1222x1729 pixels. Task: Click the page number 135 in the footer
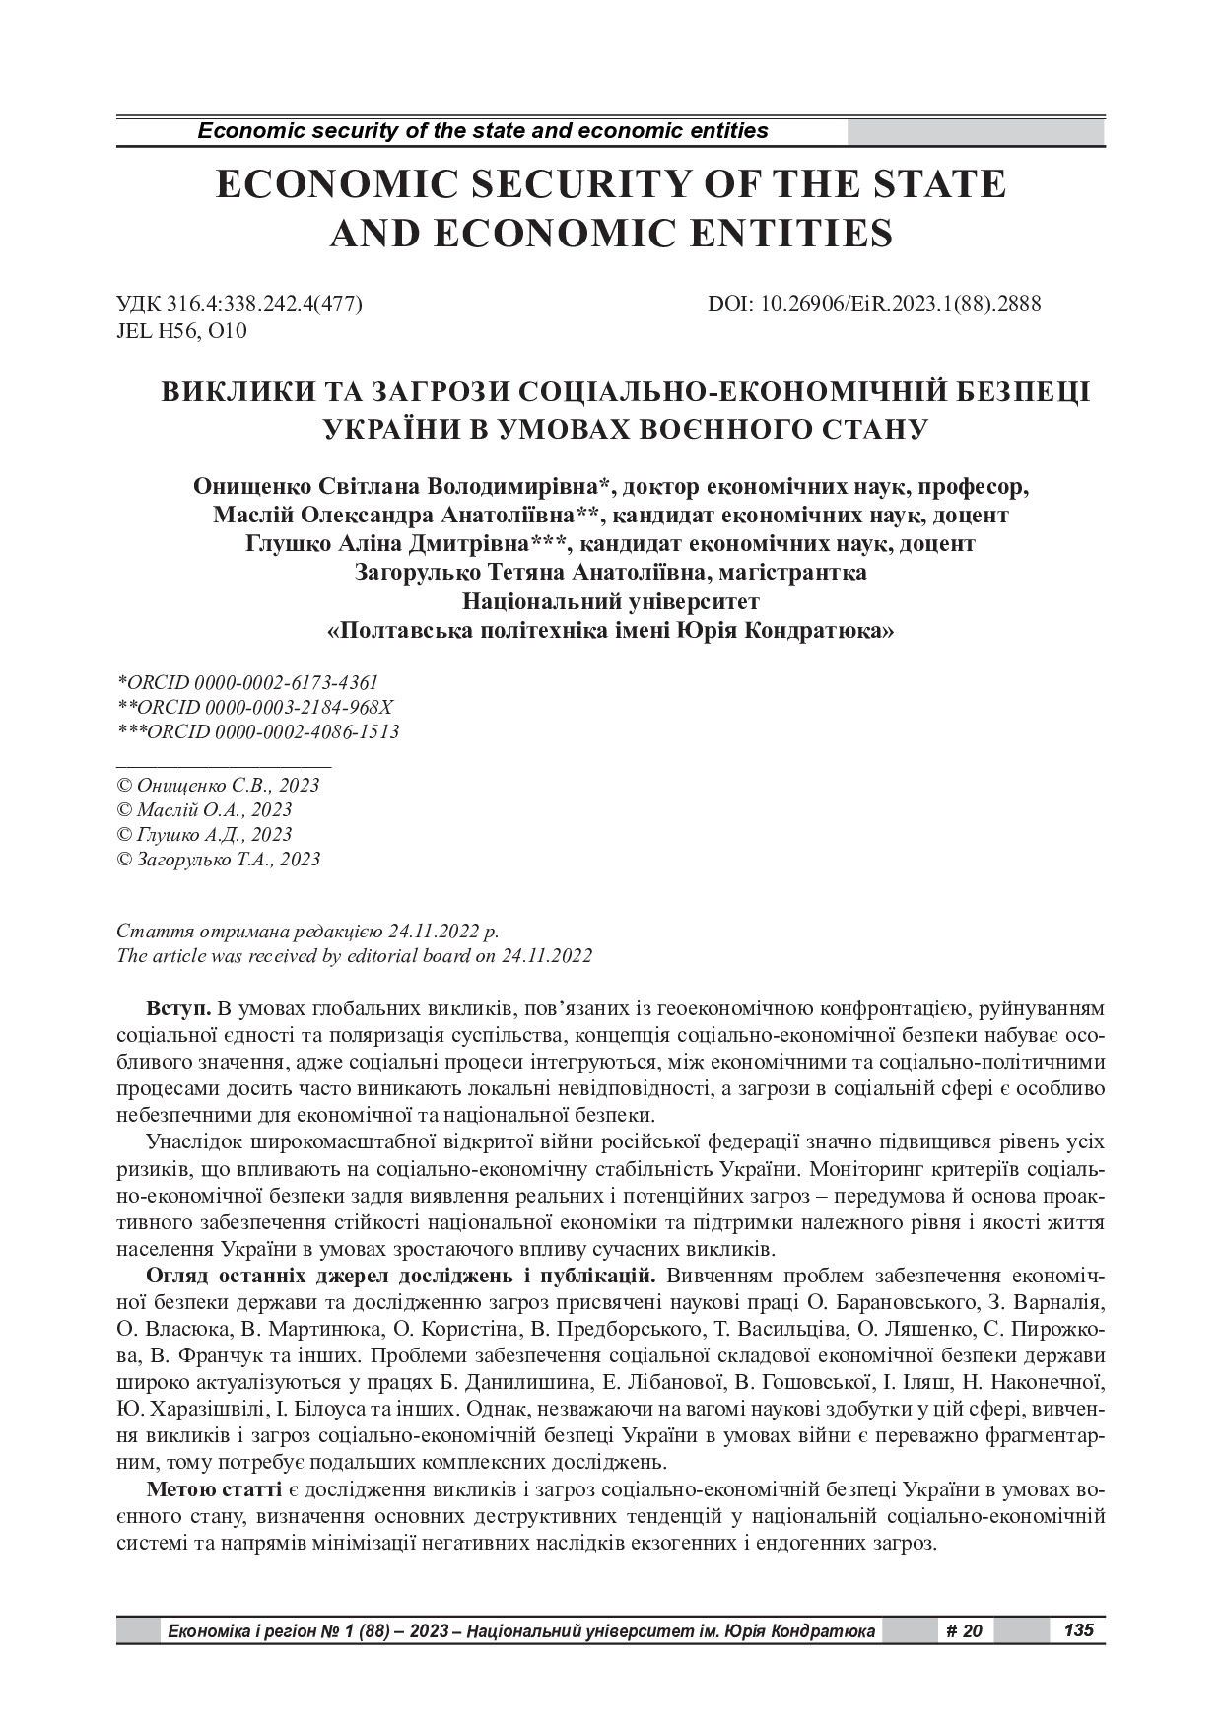click(x=1079, y=1630)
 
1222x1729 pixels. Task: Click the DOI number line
click(x=874, y=305)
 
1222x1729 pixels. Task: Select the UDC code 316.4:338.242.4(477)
click(x=239, y=305)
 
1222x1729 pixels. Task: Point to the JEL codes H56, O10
click(x=182, y=331)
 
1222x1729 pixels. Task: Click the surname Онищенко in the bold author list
click(x=255, y=487)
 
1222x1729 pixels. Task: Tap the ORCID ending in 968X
click(x=257, y=708)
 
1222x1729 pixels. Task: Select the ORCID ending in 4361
click(x=247, y=682)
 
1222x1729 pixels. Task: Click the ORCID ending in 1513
click(x=258, y=732)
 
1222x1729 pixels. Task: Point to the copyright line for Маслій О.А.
click(x=205, y=809)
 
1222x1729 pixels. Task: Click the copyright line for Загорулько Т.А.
click(x=219, y=859)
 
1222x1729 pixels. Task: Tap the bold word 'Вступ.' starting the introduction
click(x=177, y=1009)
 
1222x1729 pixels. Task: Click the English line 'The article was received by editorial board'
click(x=354, y=955)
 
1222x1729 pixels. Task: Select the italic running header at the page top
click(x=483, y=130)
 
